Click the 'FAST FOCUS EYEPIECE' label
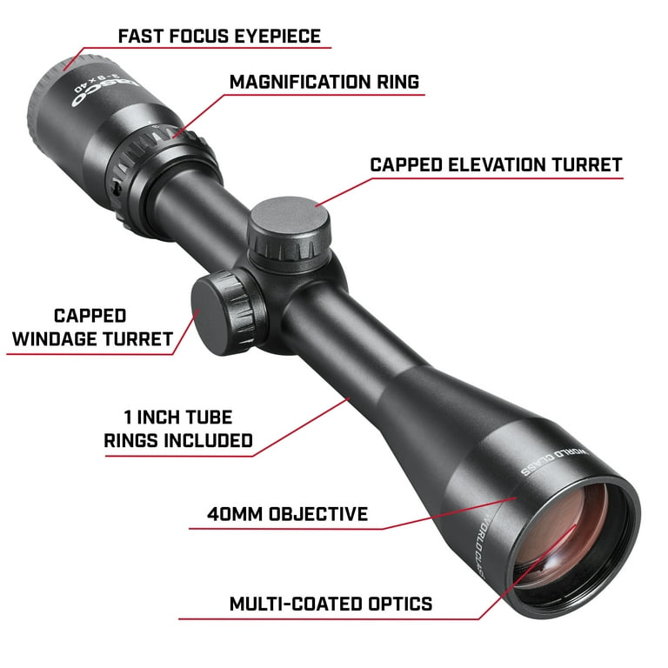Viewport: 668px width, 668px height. (219, 36)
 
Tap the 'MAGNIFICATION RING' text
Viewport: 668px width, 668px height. (324, 82)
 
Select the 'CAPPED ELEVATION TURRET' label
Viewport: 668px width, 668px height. (496, 164)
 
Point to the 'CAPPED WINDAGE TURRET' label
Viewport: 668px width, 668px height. (90, 327)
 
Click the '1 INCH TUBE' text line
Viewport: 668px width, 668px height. (177, 417)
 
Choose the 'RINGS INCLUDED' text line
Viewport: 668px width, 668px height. (177, 440)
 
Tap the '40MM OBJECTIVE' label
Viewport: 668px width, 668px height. (287, 514)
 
